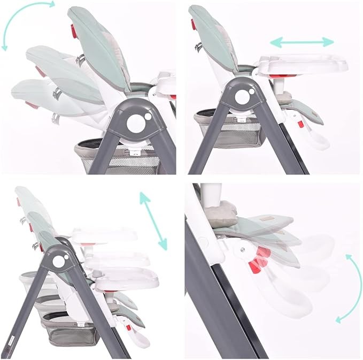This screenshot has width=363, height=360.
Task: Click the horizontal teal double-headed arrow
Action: [302, 42]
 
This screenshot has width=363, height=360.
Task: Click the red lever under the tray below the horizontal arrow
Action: [279, 76]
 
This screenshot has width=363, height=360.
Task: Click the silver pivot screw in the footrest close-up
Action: [243, 249]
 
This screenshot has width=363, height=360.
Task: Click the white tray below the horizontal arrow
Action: [302, 64]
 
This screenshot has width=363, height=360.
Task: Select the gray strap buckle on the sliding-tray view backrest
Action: [199, 47]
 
